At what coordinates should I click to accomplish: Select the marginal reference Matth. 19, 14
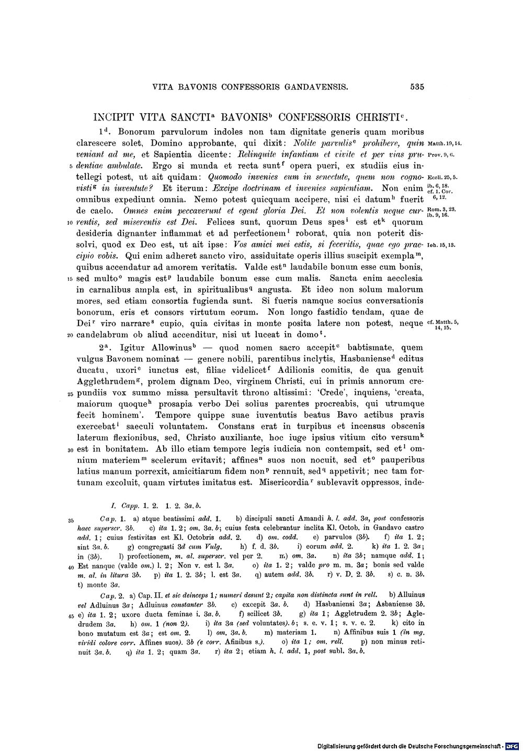(x=444, y=143)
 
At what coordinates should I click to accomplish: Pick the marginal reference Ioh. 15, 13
(x=442, y=245)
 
